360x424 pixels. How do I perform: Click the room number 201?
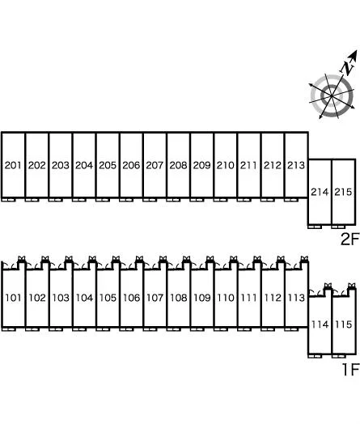(x=13, y=165)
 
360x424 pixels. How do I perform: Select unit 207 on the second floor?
(x=155, y=165)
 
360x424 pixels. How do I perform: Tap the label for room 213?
(x=296, y=165)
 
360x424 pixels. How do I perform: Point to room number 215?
(x=343, y=192)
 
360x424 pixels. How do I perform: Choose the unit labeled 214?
(x=320, y=192)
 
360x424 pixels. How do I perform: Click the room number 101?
(x=13, y=298)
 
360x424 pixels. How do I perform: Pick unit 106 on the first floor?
(x=131, y=298)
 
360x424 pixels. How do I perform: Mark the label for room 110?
(x=226, y=298)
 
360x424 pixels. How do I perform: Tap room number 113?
(x=296, y=298)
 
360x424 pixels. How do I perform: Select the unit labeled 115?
(x=344, y=324)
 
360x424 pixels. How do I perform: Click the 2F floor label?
(x=349, y=239)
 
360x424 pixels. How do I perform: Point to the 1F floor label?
(x=350, y=369)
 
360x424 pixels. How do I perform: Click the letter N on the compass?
(x=347, y=68)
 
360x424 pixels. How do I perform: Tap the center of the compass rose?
(x=332, y=96)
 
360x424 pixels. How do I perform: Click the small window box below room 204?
(x=79, y=200)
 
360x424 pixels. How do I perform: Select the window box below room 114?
(x=315, y=356)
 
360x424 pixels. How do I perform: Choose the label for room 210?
(x=226, y=165)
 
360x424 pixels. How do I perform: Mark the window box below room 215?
(x=339, y=227)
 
